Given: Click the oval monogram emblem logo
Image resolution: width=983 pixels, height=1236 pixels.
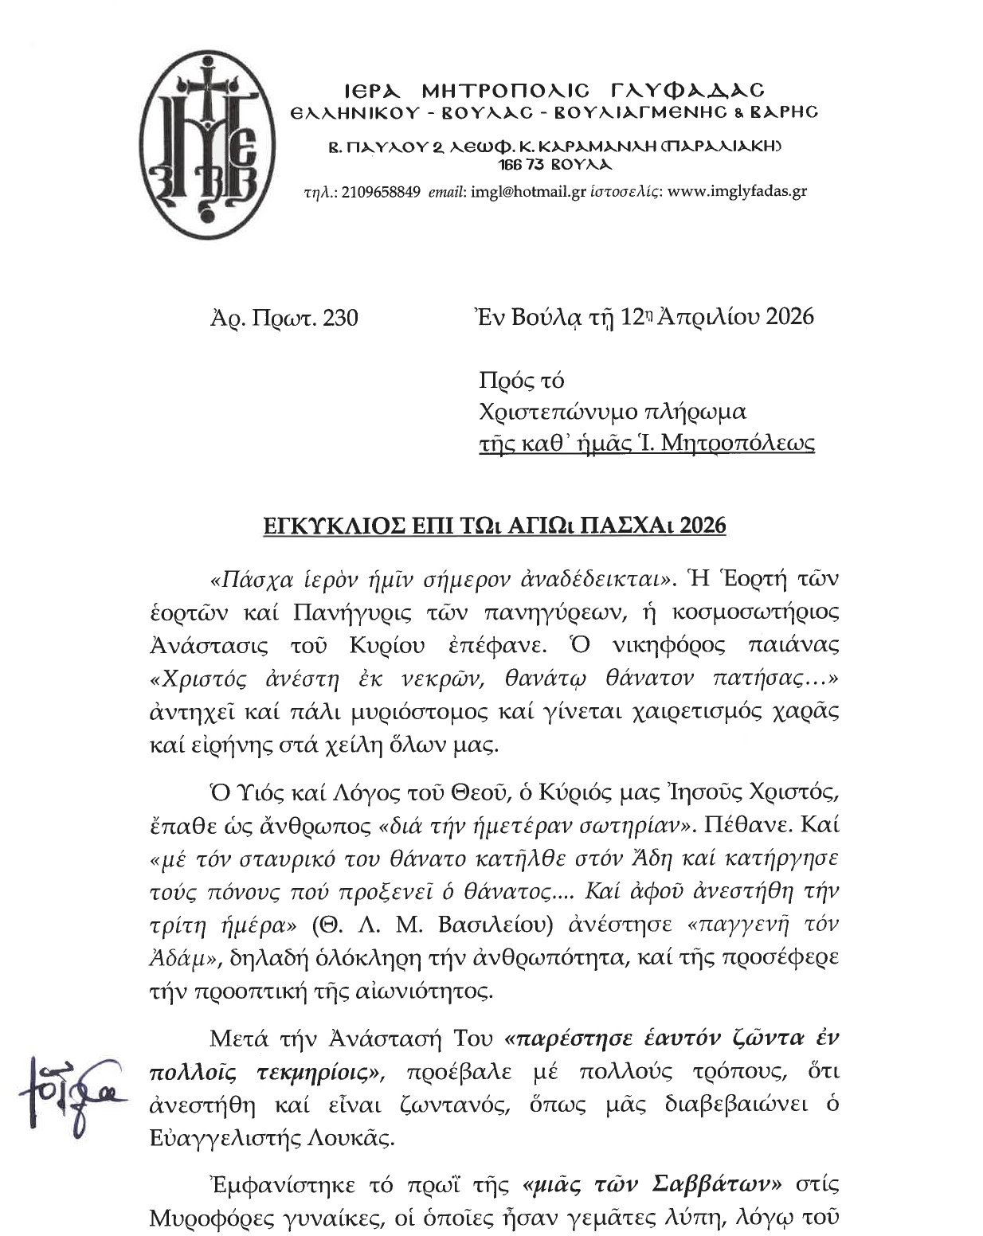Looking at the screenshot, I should pos(206,143).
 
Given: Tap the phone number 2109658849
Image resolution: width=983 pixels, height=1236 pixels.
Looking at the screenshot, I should pos(380,192).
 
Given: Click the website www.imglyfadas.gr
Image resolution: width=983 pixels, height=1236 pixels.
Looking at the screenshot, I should pos(737,192).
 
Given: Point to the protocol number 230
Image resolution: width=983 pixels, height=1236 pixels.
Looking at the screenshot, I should pos(342,318).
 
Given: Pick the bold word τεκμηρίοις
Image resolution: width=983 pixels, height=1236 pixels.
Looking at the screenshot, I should pos(320,1072).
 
